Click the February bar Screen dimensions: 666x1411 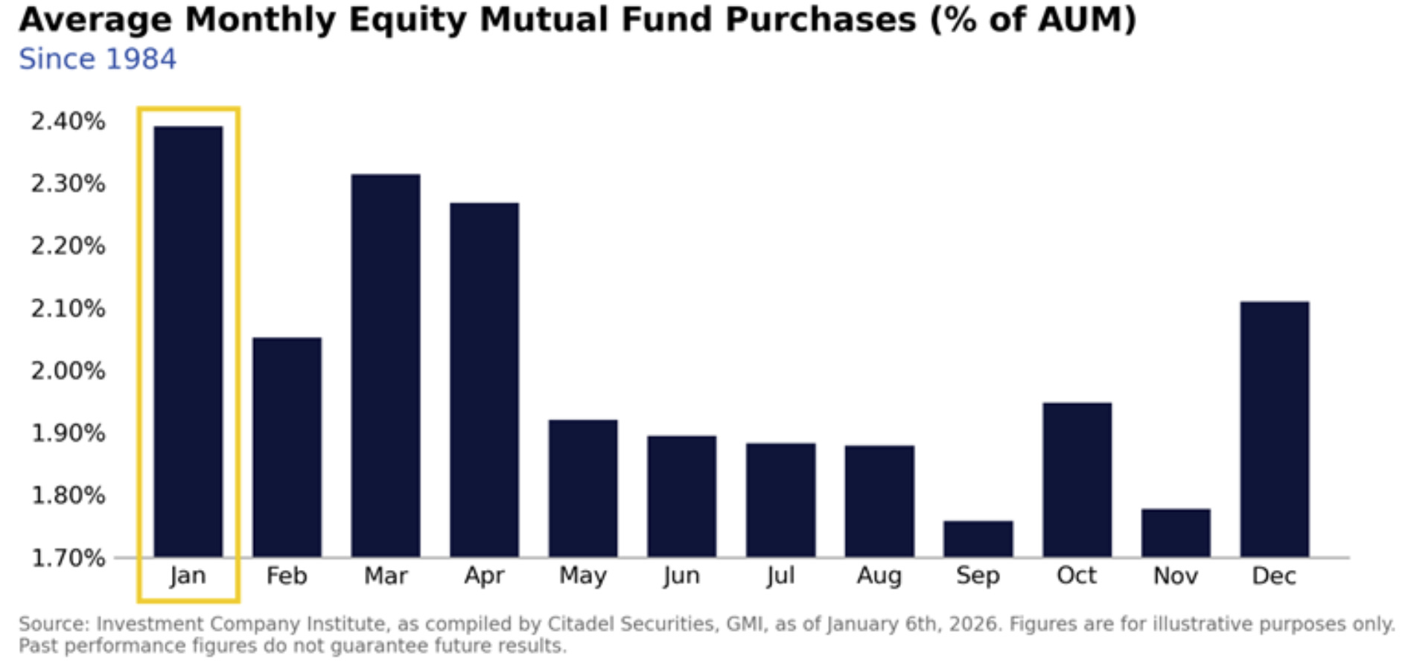287,446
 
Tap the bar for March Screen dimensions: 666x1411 385,365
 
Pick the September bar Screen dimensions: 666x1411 978,539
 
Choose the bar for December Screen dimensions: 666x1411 1274,429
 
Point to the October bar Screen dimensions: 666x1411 1077,479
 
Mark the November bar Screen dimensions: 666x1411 1175,533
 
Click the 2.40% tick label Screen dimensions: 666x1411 68,121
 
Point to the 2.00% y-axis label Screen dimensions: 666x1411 68,371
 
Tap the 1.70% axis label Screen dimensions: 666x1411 68,558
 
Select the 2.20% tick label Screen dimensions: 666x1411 68,246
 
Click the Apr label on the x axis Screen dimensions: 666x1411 484,576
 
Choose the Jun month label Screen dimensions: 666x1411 681,576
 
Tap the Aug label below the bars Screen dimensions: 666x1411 879,576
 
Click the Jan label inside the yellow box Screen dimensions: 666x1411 188,576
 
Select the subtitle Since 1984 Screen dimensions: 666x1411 98,60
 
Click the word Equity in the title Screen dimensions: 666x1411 407,20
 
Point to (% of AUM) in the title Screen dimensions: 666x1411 1033,20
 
